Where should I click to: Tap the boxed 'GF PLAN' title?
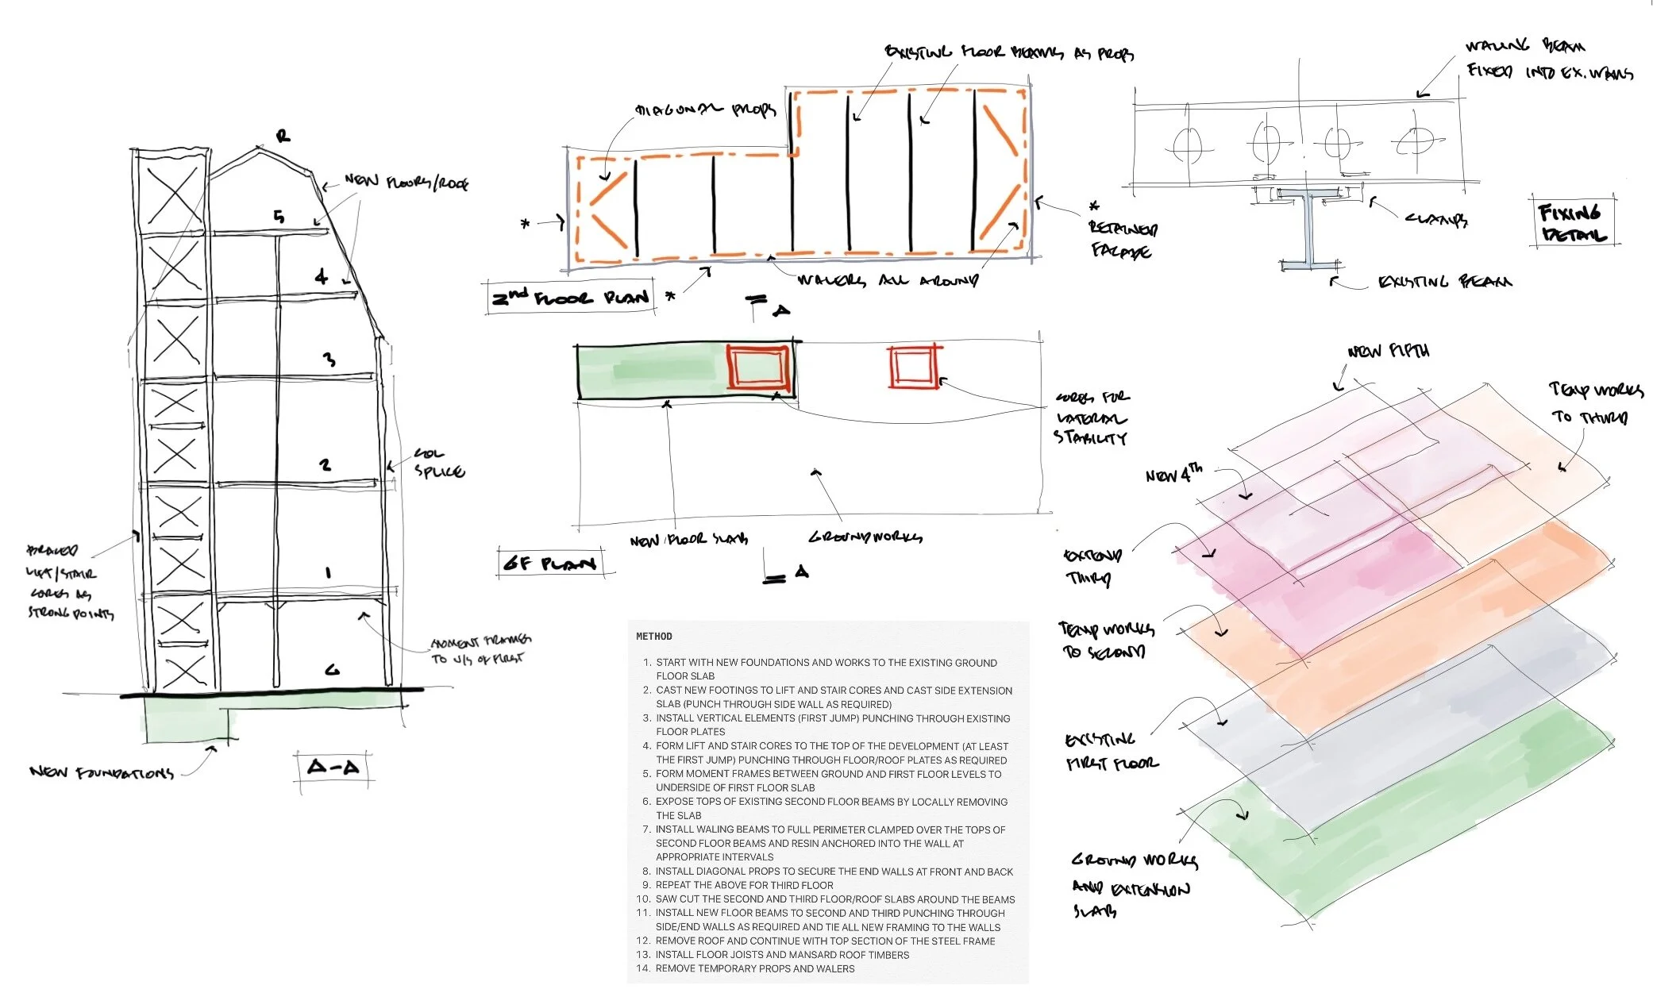[550, 564]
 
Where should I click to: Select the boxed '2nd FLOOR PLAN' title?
[571, 298]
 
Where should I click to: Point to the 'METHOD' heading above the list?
[653, 637]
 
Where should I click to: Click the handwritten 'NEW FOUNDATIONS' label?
[101, 772]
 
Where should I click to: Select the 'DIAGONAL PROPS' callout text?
[704, 110]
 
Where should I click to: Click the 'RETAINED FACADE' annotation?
[1122, 239]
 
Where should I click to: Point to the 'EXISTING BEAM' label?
[1444, 282]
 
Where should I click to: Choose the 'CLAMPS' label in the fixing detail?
[1435, 218]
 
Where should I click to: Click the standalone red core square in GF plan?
[913, 367]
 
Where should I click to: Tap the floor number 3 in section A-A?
[329, 360]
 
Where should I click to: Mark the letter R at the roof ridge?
[283, 136]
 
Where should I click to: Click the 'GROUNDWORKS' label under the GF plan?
[865, 537]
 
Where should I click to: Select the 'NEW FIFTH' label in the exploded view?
[1388, 351]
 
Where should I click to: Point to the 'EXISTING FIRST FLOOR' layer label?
[1111, 752]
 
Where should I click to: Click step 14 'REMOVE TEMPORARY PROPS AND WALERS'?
[754, 968]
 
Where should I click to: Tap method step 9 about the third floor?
[744, 885]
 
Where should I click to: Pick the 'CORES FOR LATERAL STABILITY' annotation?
[1091, 418]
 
